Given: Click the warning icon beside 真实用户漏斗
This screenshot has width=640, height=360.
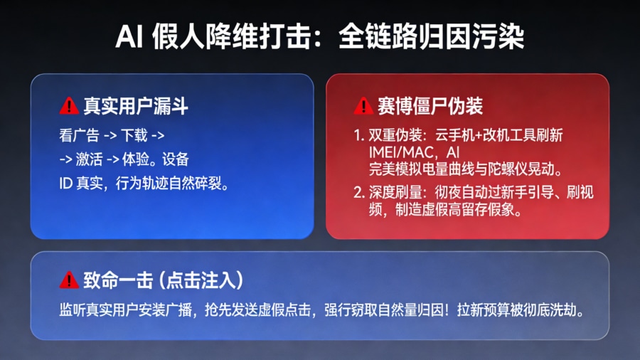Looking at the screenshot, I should pyautogui.click(x=69, y=107).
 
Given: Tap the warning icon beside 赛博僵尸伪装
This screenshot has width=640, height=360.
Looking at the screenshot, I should pyautogui.click(x=363, y=107).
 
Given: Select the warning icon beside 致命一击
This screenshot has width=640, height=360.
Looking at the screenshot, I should pyautogui.click(x=69, y=280).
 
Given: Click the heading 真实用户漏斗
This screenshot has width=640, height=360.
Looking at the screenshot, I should pyautogui.click(x=136, y=107).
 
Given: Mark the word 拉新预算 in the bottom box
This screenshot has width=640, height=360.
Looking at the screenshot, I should pyautogui.click(x=477, y=311).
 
